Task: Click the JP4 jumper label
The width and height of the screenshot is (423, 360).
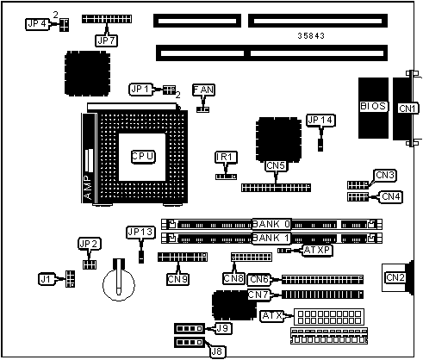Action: pos(37,24)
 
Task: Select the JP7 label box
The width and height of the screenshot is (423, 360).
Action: pos(107,40)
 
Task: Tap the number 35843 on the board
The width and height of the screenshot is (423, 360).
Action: pos(311,36)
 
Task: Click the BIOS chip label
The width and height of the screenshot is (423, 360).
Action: pos(373,106)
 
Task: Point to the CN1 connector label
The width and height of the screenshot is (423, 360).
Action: pos(407,109)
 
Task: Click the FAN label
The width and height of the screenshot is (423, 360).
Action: pos(203,90)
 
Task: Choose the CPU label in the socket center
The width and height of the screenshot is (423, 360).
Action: pos(143,157)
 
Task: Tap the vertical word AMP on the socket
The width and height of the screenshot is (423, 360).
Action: pos(88,187)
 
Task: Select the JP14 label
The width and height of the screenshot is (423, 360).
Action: pos(320,121)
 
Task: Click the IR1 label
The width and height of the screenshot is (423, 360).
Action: pos(226,158)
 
